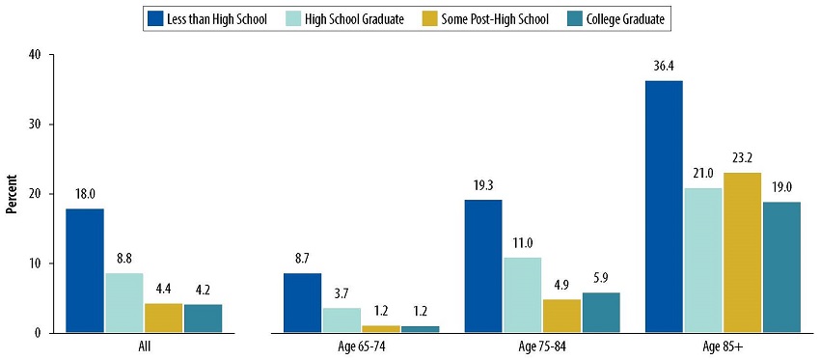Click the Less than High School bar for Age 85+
[x=663, y=207]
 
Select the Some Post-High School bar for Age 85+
[x=742, y=252]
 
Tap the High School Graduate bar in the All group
[x=123, y=302]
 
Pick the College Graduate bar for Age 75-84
[x=600, y=312]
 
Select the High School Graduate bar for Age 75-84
[x=521, y=294]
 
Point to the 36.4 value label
[x=663, y=67]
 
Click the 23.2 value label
[x=742, y=158]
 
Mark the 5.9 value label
[x=600, y=278]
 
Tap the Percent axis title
[x=13, y=194]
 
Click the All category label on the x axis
[x=145, y=346]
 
